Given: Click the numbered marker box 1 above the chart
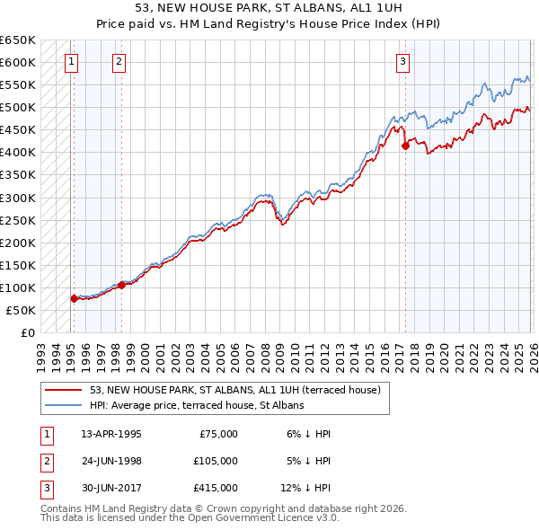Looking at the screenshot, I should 71,62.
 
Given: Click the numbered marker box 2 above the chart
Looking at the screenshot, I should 119,62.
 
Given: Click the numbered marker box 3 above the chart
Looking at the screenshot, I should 403,62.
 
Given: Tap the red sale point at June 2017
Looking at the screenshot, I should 405,146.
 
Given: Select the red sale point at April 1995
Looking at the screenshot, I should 74,298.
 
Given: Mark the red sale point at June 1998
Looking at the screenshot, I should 121,285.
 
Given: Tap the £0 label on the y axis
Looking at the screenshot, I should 26,332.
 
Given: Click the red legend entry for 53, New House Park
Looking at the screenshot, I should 235,390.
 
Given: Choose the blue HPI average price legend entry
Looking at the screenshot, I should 197,405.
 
